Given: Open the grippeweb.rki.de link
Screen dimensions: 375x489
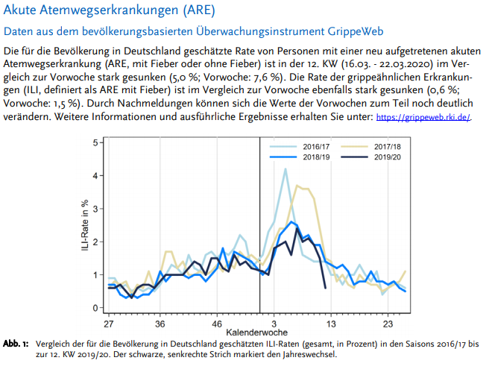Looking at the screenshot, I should [x=424, y=118].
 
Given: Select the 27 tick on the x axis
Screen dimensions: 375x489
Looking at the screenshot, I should [x=109, y=325].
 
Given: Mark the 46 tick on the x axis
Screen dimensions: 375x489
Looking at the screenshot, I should [x=216, y=325].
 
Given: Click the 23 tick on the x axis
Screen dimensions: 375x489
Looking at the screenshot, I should [x=388, y=325].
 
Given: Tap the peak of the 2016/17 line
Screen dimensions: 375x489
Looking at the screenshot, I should [x=285, y=168].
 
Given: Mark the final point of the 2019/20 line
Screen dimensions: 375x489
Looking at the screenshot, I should [x=325, y=288].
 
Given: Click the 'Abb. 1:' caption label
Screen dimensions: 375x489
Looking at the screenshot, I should [x=16, y=344].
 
